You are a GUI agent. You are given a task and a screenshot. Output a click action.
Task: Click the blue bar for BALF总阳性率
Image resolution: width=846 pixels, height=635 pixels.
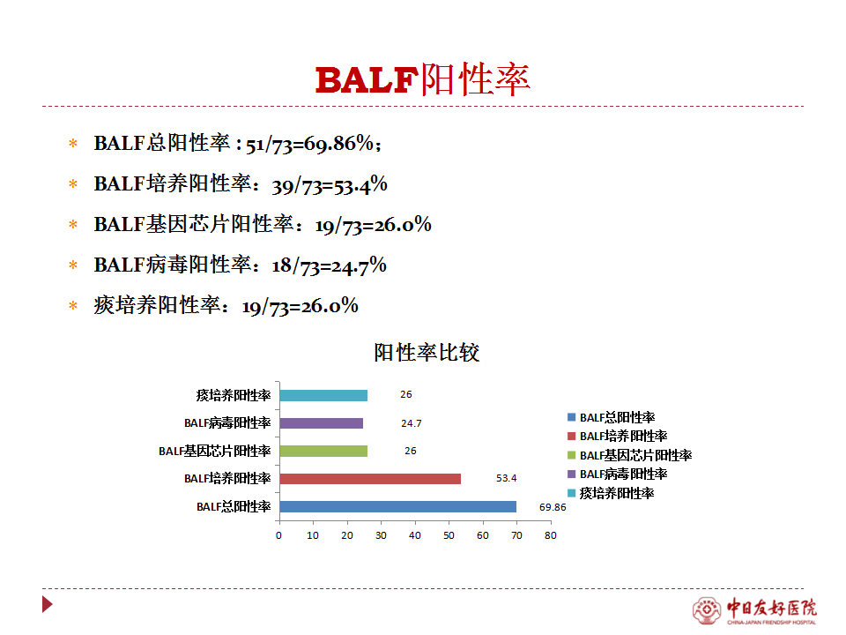click(398, 506)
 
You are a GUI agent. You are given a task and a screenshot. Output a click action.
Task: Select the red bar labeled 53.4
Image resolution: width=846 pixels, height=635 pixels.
click(370, 479)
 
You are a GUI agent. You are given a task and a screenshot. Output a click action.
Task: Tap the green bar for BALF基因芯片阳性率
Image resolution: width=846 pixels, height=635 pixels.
click(323, 451)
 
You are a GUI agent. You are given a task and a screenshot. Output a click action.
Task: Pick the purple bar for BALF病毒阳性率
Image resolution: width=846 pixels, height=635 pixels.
click(322, 423)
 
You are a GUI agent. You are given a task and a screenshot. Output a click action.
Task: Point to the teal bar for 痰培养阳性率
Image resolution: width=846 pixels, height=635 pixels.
click(323, 396)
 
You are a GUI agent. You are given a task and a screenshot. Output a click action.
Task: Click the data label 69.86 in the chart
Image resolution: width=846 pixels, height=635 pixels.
click(553, 508)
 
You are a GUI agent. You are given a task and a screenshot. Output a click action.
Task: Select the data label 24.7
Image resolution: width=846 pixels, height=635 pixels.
click(412, 424)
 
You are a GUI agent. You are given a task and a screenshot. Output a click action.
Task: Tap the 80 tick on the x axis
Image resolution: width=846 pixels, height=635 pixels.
click(550, 535)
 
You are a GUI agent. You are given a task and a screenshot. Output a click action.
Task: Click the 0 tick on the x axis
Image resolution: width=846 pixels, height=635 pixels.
click(278, 535)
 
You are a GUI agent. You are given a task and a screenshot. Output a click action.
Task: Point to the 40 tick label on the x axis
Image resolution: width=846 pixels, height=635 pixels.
click(415, 535)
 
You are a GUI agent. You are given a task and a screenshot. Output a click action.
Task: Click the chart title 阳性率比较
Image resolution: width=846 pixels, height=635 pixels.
click(427, 353)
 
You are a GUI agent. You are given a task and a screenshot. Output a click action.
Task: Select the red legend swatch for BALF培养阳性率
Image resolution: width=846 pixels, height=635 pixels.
click(571, 437)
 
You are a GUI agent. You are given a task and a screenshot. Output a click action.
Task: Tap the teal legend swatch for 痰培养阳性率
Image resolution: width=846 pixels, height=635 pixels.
click(571, 493)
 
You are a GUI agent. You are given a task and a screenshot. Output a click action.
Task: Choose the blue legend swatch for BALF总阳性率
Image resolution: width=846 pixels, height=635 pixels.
click(571, 417)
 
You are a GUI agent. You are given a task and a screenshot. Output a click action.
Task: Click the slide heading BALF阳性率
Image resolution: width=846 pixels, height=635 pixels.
click(423, 80)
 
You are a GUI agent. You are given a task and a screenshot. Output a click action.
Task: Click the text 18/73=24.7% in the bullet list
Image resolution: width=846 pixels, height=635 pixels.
click(329, 265)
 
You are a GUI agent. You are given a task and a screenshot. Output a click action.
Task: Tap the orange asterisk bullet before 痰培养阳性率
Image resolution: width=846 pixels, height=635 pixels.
click(73, 306)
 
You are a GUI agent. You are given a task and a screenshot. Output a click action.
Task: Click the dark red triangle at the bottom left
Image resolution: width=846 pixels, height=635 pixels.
click(48, 604)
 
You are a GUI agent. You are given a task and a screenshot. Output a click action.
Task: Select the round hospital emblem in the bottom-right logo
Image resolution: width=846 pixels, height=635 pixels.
click(707, 610)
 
